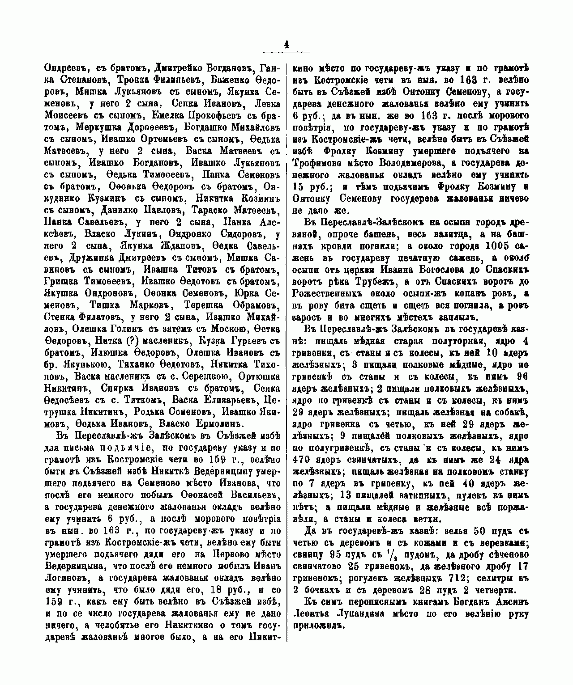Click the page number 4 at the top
click(286, 44)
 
